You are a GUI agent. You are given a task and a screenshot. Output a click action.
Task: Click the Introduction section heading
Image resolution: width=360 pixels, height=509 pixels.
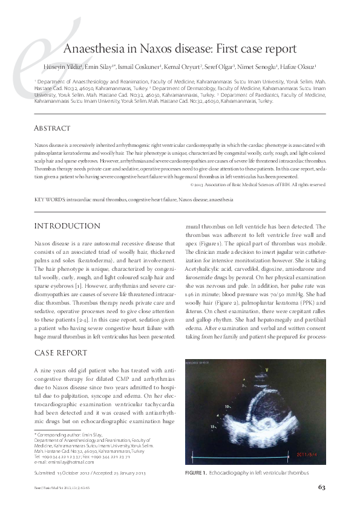click(67, 226)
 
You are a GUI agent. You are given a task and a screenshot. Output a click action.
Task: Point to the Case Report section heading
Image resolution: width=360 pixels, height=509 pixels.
click(61, 352)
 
